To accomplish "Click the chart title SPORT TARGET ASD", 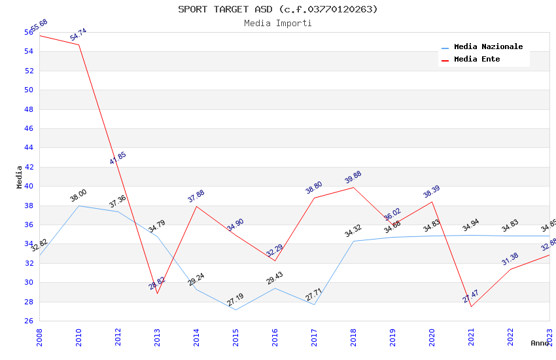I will coord(278,9).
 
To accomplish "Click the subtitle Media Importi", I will coord(278,23).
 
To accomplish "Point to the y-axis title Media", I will coord(20,177).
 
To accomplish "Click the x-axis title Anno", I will coord(540,343).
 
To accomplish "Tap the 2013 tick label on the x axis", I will coord(158,334).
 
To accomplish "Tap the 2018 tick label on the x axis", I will coord(354,334).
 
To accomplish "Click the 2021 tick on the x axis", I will coord(472,334).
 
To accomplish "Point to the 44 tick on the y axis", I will coord(29,148).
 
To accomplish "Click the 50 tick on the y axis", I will coord(29,90).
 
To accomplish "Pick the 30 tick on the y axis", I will coord(29,283).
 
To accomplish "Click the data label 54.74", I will coord(78,35).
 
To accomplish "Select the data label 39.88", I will coord(353,177).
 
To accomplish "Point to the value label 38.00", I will coord(78,195).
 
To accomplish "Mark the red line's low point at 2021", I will coord(471,306).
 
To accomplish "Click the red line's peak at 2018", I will coord(353,187).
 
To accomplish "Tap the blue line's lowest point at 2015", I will coord(235,310).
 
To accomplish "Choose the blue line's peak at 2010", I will coord(78,206).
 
